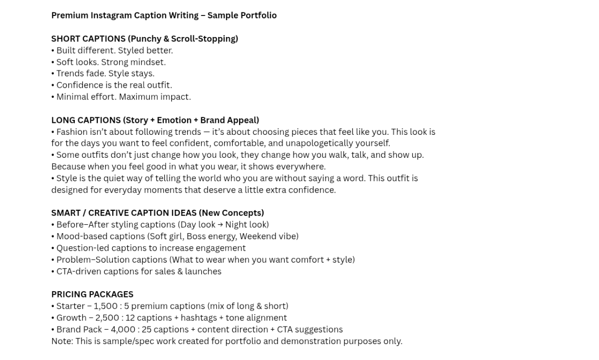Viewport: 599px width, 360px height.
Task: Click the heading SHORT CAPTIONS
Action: click(x=88, y=39)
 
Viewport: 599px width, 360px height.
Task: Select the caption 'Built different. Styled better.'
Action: click(x=114, y=50)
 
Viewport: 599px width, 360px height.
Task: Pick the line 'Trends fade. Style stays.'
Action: click(x=105, y=73)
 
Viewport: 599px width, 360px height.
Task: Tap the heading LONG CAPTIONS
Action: click(x=85, y=120)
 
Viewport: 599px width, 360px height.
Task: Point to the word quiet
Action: click(x=115, y=178)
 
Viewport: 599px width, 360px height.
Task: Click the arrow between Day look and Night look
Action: click(x=220, y=225)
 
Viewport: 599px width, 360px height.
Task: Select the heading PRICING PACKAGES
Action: click(x=92, y=295)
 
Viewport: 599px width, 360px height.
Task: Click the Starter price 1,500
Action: click(x=106, y=306)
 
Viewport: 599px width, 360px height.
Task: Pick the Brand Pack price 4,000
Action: click(x=123, y=330)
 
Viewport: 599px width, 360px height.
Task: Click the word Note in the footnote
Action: click(x=61, y=342)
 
